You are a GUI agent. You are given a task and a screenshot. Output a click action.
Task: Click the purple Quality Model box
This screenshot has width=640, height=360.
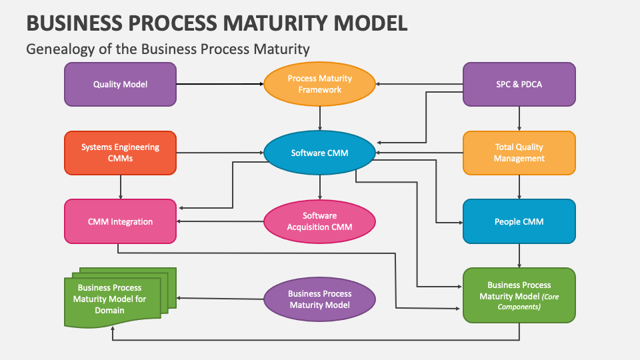click(120, 85)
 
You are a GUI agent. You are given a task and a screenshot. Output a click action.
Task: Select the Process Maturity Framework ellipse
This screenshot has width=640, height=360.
click(320, 85)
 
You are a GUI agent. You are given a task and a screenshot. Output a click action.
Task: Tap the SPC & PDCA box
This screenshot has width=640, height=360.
click(519, 85)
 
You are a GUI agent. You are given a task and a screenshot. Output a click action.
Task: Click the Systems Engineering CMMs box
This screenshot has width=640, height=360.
click(120, 153)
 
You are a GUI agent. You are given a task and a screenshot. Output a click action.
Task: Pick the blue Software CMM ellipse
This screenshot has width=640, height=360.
click(320, 153)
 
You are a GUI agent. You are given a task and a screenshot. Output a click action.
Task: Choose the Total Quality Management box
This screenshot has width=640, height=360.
click(519, 153)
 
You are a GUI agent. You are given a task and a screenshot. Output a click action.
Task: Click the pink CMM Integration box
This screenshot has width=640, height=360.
click(120, 221)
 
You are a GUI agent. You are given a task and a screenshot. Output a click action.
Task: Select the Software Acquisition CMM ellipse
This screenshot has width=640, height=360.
click(320, 221)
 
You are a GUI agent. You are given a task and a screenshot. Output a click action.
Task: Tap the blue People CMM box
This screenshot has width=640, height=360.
click(519, 221)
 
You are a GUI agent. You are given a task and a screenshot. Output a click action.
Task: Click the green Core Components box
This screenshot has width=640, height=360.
click(519, 295)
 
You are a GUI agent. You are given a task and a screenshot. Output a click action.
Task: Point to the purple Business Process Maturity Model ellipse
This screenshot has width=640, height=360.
click(320, 299)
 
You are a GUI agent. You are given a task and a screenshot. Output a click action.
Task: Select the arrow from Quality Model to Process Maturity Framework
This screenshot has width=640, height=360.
click(220, 84)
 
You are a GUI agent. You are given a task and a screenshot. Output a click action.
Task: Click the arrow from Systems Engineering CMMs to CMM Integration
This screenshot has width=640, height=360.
click(121, 187)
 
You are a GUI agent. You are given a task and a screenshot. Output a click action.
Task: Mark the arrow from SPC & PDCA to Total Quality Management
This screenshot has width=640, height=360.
click(519, 118)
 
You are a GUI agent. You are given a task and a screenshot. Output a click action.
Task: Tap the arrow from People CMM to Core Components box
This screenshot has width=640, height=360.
click(519, 255)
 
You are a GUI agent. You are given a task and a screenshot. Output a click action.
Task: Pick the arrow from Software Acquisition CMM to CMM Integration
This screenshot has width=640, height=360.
click(220, 221)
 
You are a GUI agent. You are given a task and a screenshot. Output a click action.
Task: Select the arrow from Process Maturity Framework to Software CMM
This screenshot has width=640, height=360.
click(320, 118)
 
